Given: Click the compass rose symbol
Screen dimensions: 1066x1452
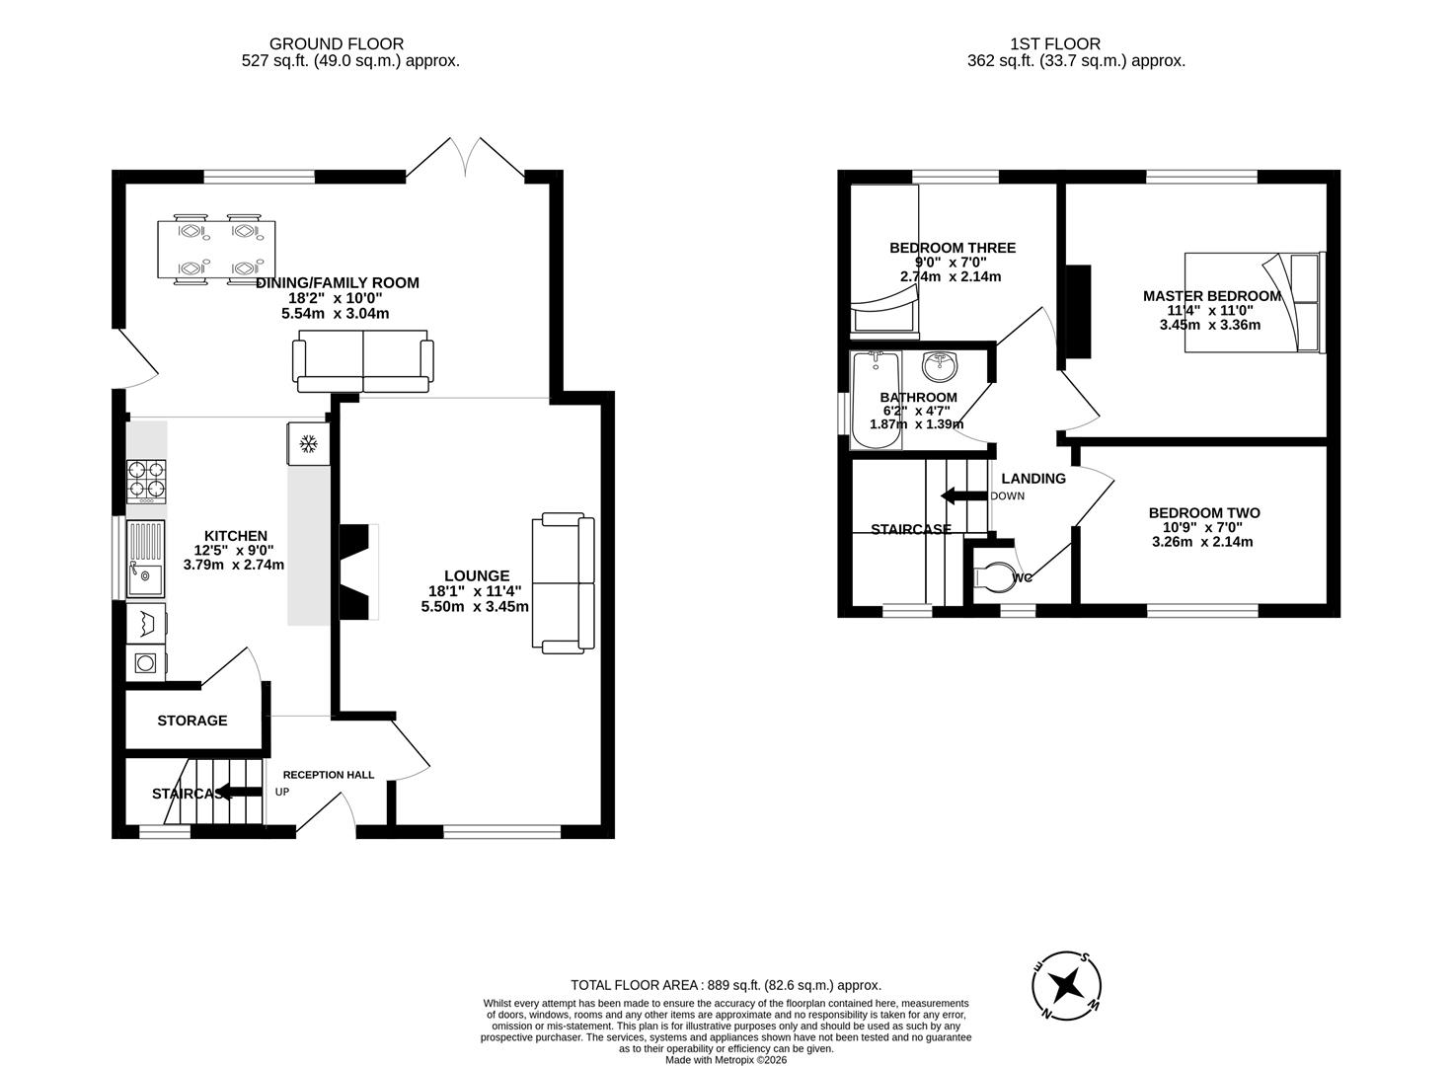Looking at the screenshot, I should (x=1066, y=985).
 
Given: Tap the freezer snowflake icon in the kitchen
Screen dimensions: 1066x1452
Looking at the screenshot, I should (x=307, y=444).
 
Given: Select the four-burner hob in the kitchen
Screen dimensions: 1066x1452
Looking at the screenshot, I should (x=146, y=481).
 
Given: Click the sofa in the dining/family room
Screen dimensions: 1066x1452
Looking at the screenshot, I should (x=362, y=360).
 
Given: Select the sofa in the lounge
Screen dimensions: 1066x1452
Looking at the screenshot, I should (x=564, y=582).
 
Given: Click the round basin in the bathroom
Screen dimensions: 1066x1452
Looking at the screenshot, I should (x=939, y=368).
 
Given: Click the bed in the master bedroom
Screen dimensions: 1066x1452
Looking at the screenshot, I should (x=1252, y=302).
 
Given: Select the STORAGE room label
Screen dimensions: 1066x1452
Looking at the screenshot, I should (x=192, y=721).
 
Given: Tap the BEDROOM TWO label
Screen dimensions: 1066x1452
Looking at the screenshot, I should (x=1203, y=513).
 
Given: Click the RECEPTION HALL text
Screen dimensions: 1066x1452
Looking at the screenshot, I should (x=328, y=775).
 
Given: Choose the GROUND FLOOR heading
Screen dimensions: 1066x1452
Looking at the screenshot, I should (x=337, y=43).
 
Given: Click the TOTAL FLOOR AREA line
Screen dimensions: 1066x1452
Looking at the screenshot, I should (x=726, y=985).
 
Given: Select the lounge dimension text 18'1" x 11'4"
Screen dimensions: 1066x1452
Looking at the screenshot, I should (x=476, y=591).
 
